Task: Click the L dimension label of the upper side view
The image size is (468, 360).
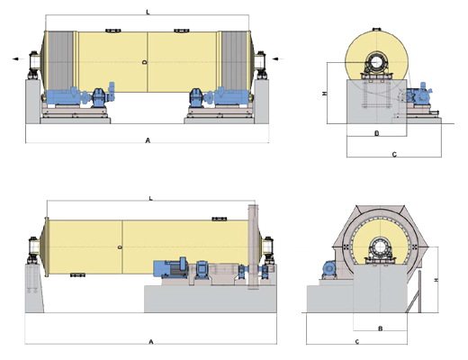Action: tap(148, 12)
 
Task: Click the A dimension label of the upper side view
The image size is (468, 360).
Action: tap(148, 140)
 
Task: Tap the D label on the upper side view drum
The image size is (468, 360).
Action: tap(145, 62)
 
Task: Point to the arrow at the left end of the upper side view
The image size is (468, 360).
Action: tap(18, 58)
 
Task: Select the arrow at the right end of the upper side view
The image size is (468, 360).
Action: tap(278, 58)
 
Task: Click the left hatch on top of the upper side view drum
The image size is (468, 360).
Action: tap(113, 31)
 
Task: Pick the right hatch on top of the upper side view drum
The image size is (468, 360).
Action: tap(182, 31)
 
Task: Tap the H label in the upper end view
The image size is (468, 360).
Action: tap(324, 94)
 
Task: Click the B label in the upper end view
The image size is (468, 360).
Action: tap(377, 133)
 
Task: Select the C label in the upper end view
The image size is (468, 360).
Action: tap(394, 155)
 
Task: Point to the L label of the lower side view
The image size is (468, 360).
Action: tap(151, 198)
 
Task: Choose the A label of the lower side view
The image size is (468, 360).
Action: tap(151, 342)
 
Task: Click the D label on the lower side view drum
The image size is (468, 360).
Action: tap(120, 247)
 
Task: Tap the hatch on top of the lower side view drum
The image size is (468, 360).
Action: tap(220, 219)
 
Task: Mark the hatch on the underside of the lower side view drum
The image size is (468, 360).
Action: tap(77, 274)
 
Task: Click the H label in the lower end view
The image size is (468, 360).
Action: tap(436, 280)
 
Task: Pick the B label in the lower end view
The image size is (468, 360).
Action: tap(381, 328)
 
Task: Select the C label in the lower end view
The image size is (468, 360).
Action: tap(357, 341)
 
